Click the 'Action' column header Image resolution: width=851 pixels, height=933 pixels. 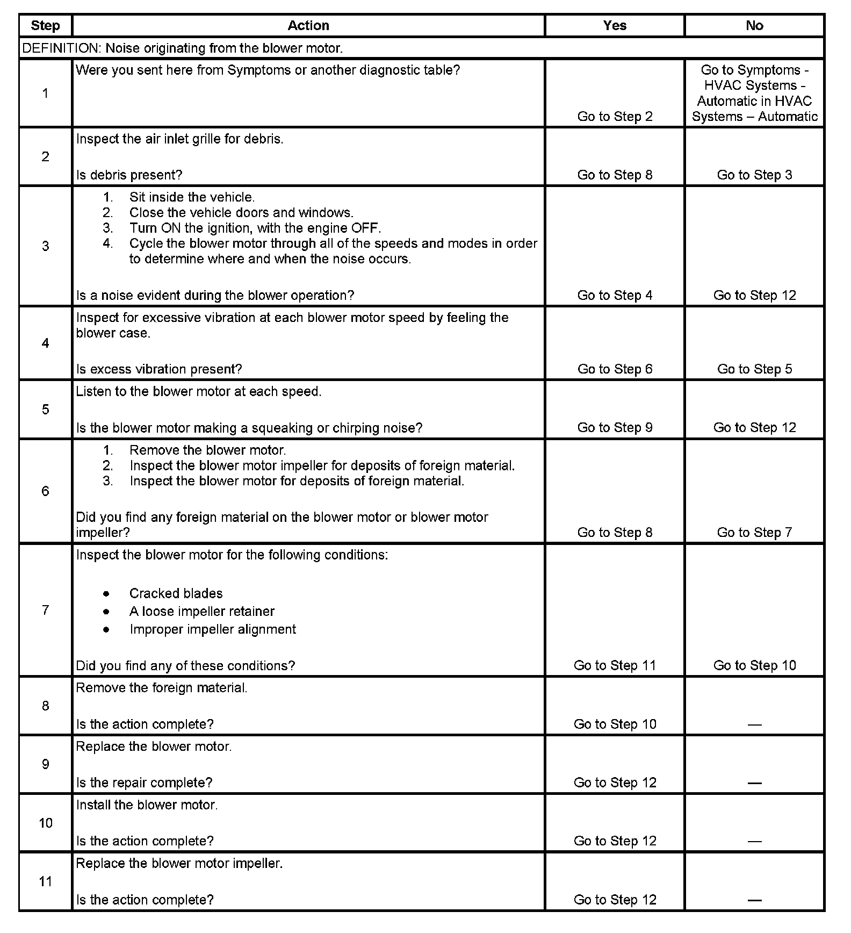(308, 26)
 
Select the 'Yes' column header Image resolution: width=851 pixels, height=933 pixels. (615, 26)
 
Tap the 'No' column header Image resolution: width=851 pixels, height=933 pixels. (754, 26)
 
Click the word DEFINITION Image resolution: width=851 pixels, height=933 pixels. (60, 48)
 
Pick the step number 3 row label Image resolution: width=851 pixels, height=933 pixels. (46, 246)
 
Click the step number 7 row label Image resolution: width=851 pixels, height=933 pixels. (46, 610)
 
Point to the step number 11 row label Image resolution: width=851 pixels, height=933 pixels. (46, 881)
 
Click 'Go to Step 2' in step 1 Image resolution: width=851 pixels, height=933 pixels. (615, 117)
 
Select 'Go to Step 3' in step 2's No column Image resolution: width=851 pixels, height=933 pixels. (754, 175)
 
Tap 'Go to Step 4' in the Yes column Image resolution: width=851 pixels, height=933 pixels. (615, 296)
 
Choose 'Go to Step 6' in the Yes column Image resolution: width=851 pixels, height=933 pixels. (615, 369)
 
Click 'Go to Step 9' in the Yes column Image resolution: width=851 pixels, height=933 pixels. (615, 428)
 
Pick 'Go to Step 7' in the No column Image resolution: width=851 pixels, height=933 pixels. (754, 533)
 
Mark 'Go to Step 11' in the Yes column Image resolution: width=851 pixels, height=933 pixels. (615, 665)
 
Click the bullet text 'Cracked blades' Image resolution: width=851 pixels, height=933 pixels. (176, 593)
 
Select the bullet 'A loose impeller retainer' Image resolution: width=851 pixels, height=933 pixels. (201, 612)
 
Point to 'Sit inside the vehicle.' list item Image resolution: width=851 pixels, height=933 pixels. (192, 197)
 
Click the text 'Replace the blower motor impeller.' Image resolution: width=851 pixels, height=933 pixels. (179, 864)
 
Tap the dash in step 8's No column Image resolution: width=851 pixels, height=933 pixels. (754, 724)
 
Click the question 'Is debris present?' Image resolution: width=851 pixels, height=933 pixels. (129, 175)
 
